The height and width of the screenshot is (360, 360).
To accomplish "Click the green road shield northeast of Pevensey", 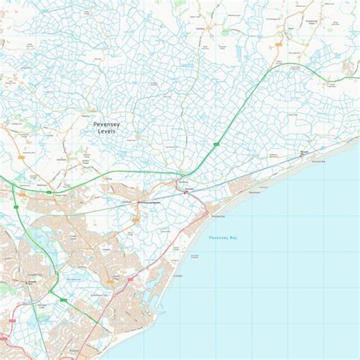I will [216, 142].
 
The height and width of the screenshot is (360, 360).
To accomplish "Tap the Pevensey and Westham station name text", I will [151, 203].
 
